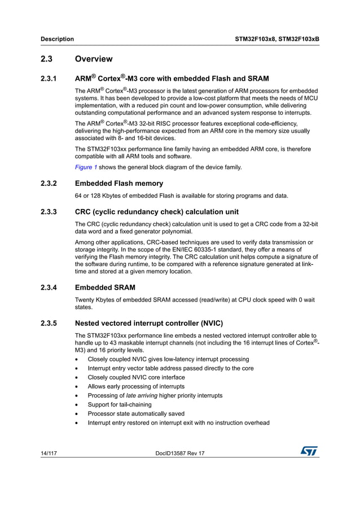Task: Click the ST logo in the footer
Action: click(x=309, y=451)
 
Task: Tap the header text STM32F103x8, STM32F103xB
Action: click(x=276, y=39)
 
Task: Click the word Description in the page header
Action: click(x=57, y=39)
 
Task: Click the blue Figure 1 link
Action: click(x=86, y=167)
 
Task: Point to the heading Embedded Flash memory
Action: click(x=119, y=184)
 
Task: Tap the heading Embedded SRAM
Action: click(x=105, y=287)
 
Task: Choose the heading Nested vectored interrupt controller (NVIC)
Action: click(x=149, y=324)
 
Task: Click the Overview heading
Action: click(x=94, y=59)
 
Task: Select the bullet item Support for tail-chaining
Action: click(x=120, y=404)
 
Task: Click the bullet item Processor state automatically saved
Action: click(x=136, y=413)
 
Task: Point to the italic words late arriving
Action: click(x=142, y=395)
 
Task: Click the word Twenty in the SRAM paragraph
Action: click(x=85, y=299)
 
